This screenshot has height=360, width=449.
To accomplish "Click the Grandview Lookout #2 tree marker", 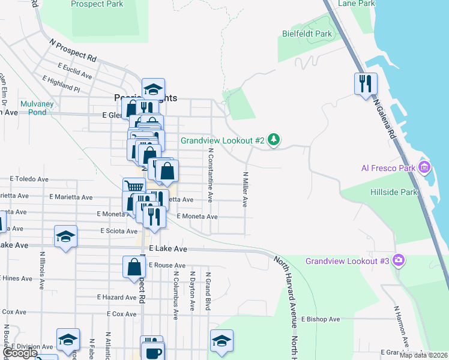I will coord(274,140).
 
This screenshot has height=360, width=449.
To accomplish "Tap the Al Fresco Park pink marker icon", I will coord(425,166).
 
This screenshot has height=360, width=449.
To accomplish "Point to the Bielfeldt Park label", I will coord(307,34).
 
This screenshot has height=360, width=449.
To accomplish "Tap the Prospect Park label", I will coord(97,4).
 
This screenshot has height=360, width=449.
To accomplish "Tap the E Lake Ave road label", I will coord(168,248).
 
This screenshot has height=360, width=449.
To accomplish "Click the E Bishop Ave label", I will coord(321,319).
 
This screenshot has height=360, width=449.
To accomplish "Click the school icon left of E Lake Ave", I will coord(65,236).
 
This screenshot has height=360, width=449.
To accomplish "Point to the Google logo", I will coord(19,353).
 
